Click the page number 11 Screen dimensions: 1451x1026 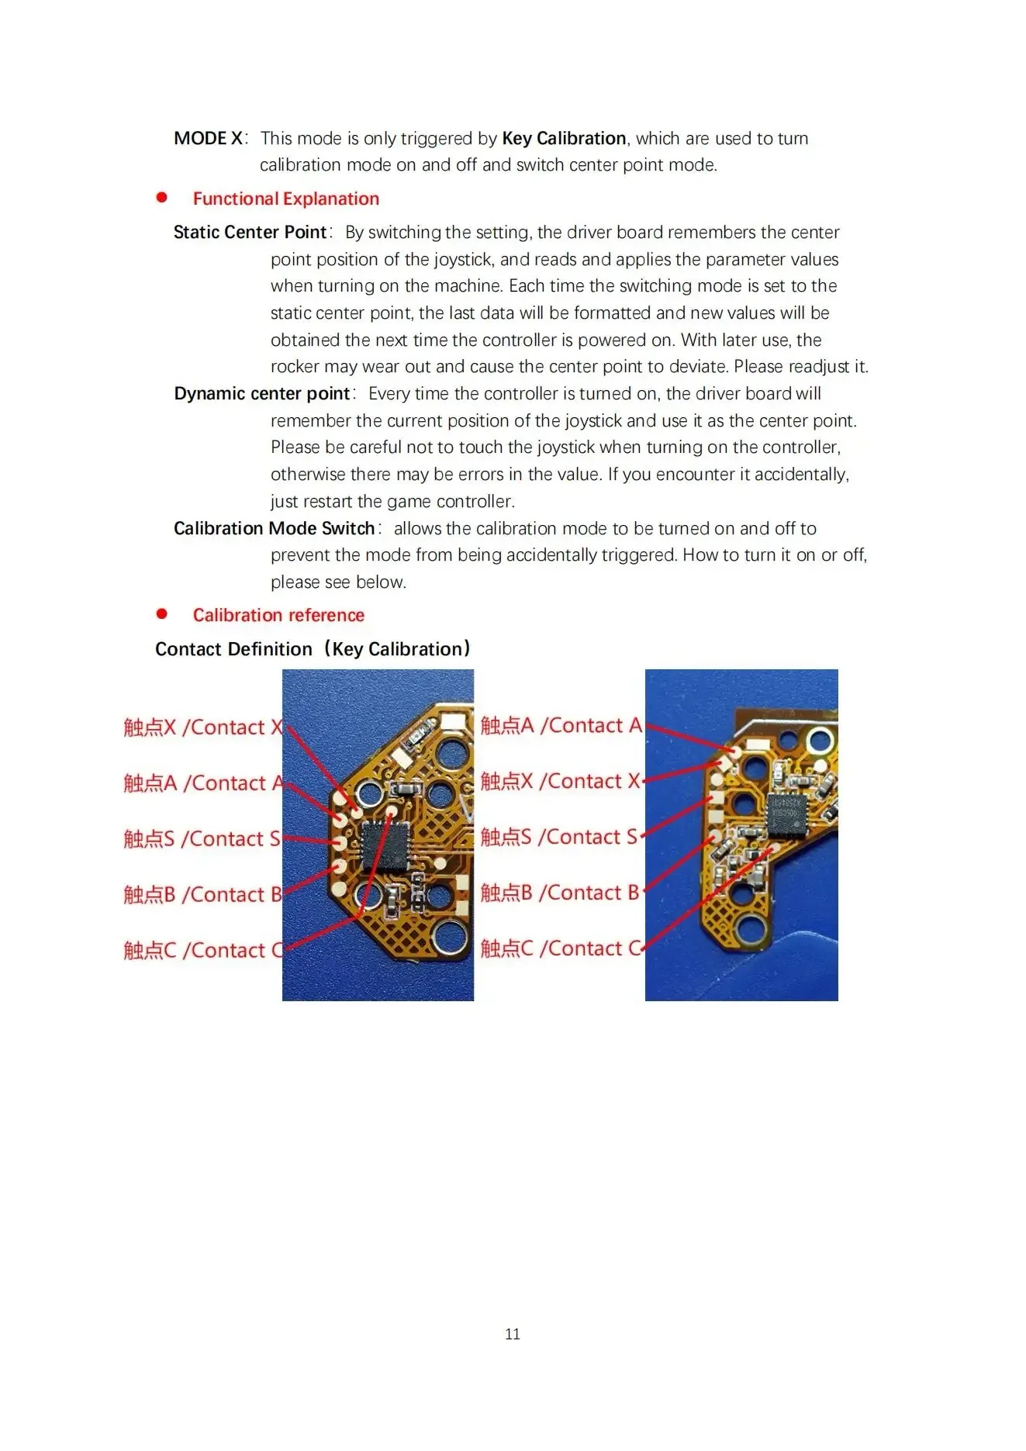tap(512, 1334)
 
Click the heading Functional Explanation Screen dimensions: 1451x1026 tap(285, 199)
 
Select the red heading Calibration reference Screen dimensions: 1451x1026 tap(278, 615)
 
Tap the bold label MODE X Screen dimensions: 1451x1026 tap(208, 138)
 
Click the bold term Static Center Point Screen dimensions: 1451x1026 tap(250, 232)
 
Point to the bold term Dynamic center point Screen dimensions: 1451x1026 tap(262, 393)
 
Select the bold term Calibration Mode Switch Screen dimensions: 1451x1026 tap(275, 528)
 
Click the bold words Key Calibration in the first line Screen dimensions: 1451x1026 tap(564, 138)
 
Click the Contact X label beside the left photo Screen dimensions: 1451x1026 tap(204, 727)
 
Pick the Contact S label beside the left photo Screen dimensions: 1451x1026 tap(202, 839)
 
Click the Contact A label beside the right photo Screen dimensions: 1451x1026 tap(561, 726)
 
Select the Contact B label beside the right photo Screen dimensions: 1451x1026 tap(560, 893)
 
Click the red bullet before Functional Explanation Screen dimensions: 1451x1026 tap(161, 198)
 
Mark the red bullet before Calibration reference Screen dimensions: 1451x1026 tap(161, 614)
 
